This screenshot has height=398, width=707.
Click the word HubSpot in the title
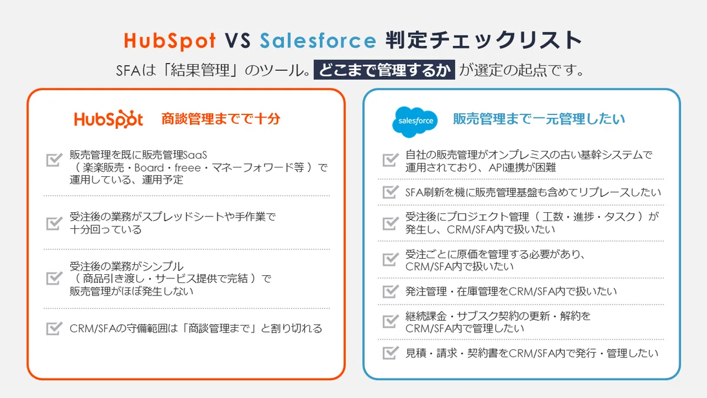click(x=170, y=41)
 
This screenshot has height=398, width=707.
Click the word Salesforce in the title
click(x=318, y=41)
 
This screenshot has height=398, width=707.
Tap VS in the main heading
click(x=238, y=41)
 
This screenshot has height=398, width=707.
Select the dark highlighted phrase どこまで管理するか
click(x=384, y=70)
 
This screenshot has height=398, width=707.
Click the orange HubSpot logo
click(x=108, y=119)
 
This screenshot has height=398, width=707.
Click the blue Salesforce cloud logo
click(x=415, y=121)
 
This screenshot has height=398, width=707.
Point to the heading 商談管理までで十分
click(x=220, y=119)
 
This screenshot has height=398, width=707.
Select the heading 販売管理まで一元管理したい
click(x=538, y=119)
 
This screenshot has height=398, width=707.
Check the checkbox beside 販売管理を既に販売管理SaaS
click(x=54, y=160)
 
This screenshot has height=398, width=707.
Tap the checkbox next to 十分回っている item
click(x=54, y=223)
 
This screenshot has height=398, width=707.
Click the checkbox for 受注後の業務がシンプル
click(x=54, y=278)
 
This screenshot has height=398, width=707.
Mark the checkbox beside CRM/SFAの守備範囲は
click(x=54, y=328)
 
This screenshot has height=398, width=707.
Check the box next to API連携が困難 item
click(x=391, y=160)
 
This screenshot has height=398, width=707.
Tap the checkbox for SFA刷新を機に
click(x=391, y=192)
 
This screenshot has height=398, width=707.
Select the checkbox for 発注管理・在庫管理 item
click(x=391, y=291)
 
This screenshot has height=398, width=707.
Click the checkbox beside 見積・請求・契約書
click(x=391, y=353)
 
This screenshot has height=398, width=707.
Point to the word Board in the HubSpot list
click(x=149, y=167)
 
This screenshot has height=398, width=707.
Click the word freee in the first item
click(x=187, y=167)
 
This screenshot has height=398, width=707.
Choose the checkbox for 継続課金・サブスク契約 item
click(x=391, y=321)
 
